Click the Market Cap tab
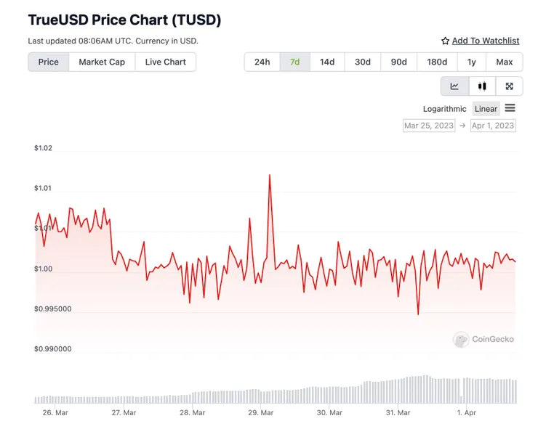(x=102, y=62)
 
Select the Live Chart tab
(x=165, y=62)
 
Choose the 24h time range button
(x=262, y=62)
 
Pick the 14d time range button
(x=327, y=62)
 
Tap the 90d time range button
(x=398, y=62)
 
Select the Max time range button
(x=504, y=62)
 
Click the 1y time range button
(x=472, y=62)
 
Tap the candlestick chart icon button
(x=482, y=86)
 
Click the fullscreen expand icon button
(x=509, y=86)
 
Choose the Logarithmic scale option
(x=445, y=109)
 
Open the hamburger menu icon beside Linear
(x=510, y=108)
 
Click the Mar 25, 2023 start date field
(x=429, y=126)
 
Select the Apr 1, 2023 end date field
(x=493, y=126)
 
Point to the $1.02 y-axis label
(x=43, y=148)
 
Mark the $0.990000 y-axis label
(x=52, y=349)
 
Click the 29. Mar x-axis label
(x=261, y=412)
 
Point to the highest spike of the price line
(x=270, y=175)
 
